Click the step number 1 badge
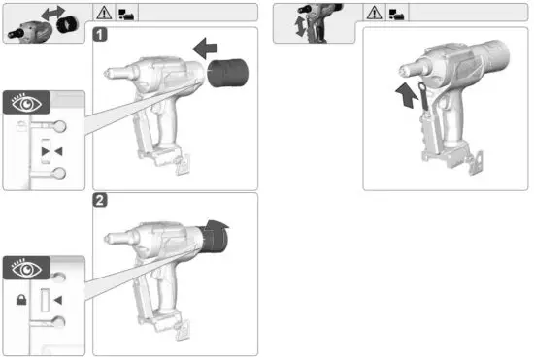[x=100, y=34]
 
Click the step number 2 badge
[x=100, y=201]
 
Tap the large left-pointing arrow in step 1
[x=208, y=46]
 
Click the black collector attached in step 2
[x=211, y=237]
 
